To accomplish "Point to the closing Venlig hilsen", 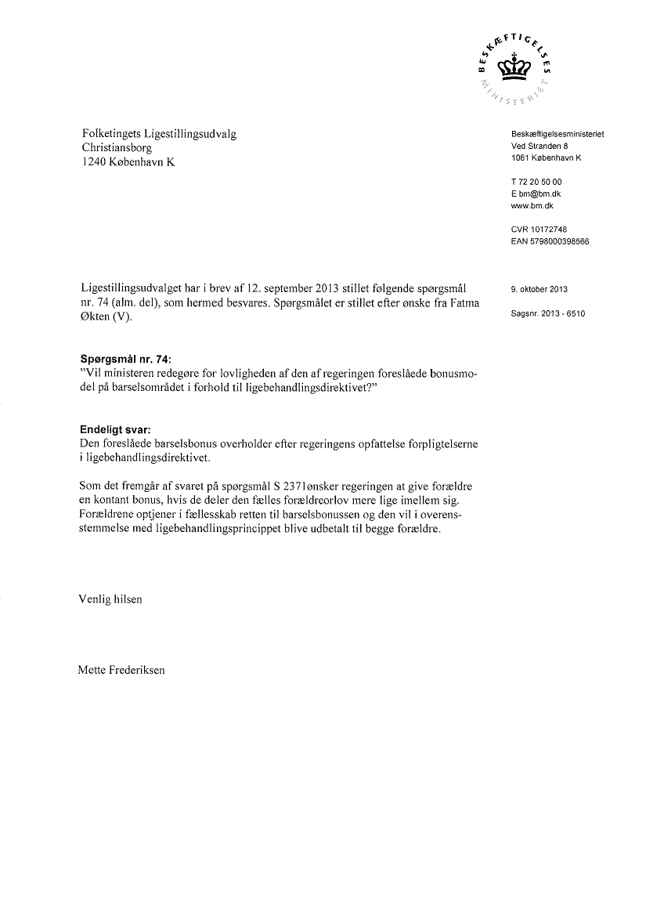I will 110,599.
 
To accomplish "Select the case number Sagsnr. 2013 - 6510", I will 548,314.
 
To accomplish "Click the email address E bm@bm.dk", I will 536,193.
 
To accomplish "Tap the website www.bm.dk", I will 532,205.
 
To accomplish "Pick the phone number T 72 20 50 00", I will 536,182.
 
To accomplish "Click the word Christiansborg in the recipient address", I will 117,148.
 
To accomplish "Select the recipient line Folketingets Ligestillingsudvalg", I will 159,134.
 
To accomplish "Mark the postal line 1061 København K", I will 546,157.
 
